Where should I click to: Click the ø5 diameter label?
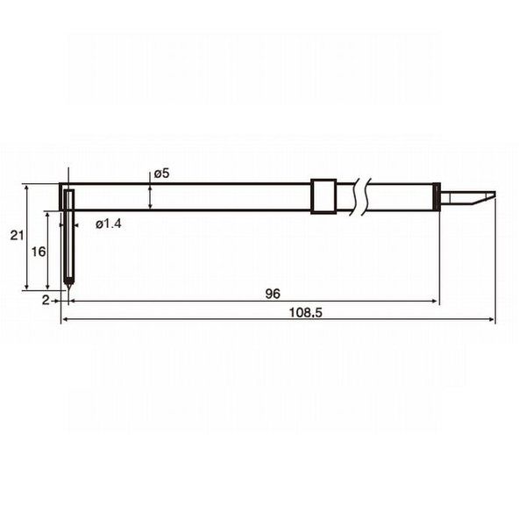[x=161, y=174]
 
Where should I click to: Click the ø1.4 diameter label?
[x=109, y=224]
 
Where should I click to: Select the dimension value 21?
[x=17, y=236]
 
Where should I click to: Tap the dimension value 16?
[x=39, y=252]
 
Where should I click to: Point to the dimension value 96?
[x=273, y=294]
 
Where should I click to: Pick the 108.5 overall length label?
[x=305, y=313]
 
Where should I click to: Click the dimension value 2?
[x=46, y=300]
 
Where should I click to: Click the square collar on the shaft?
[x=323, y=196]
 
